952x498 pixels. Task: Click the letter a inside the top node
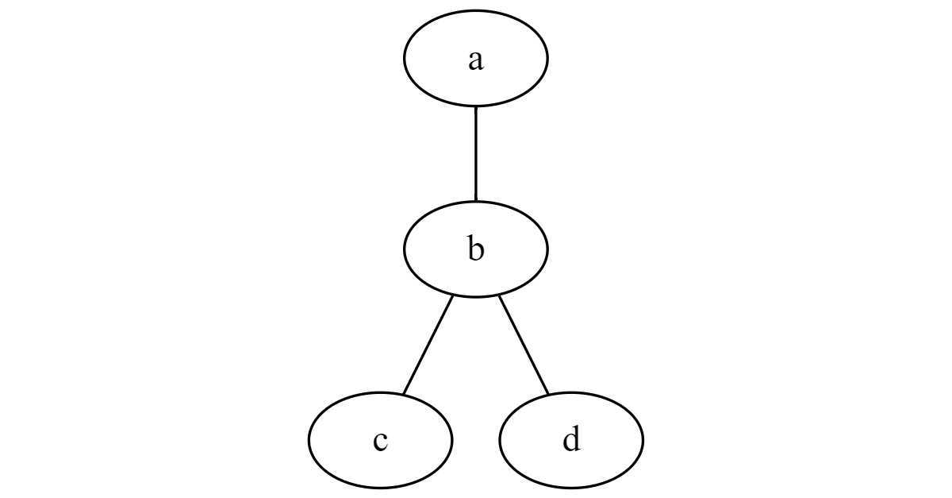coord(476,61)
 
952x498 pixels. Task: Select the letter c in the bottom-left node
coord(380,441)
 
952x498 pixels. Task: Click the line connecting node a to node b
coord(475,153)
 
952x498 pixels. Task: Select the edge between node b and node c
coord(428,345)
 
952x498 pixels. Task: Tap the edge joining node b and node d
coord(524,345)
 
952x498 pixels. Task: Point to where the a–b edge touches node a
coord(475,106)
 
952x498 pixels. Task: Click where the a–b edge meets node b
coord(475,201)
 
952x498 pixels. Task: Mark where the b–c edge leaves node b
coord(453,295)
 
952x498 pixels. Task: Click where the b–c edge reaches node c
coord(403,395)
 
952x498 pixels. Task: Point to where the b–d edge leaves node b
coord(499,295)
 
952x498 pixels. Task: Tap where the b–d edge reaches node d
coord(548,395)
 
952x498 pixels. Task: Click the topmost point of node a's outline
coord(475,10)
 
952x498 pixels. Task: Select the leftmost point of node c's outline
coord(309,440)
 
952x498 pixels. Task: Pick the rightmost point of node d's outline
coord(643,440)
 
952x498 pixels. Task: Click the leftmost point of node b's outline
coord(404,249)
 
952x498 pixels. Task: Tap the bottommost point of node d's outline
coord(571,488)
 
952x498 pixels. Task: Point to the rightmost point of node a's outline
coord(548,58)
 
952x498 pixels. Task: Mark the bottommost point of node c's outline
coord(380,488)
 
